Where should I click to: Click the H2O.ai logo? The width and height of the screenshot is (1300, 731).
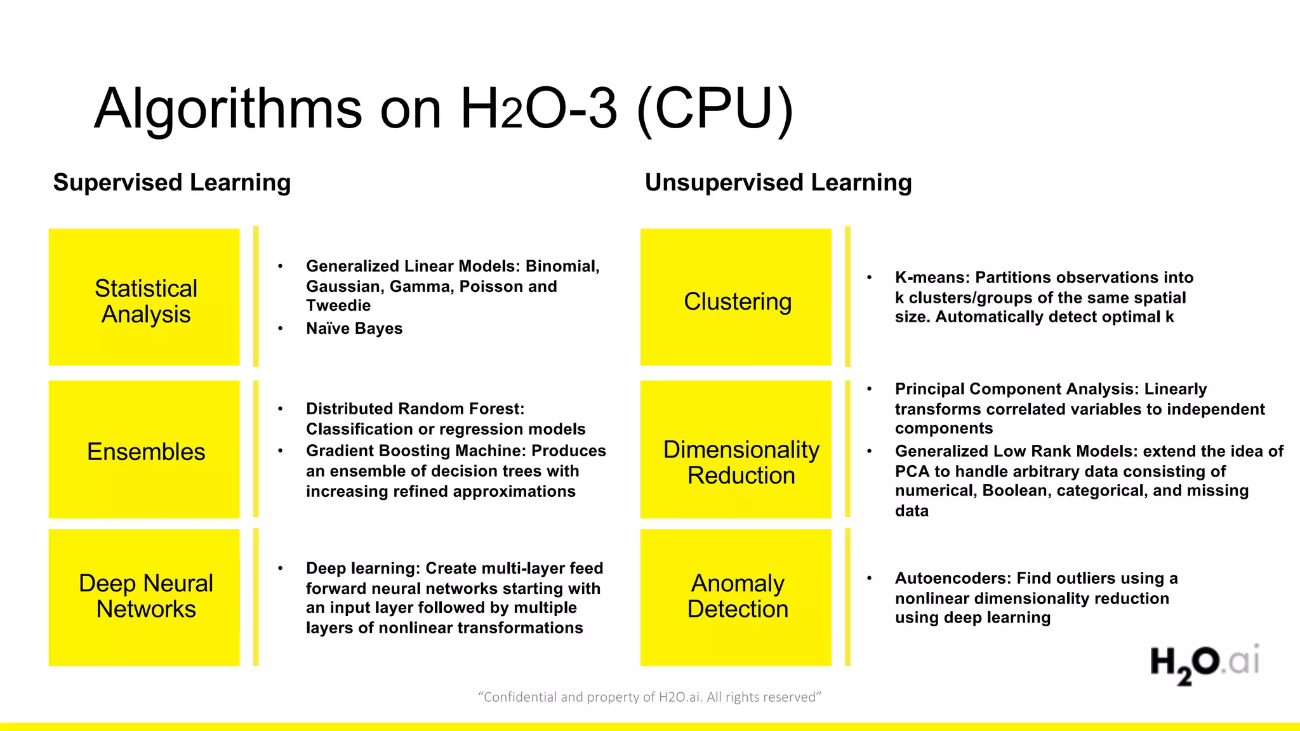(1204, 664)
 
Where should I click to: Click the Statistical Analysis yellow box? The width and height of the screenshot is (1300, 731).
(145, 298)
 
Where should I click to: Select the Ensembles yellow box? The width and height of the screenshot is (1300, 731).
(145, 450)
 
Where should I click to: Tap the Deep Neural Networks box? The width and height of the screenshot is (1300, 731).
(145, 597)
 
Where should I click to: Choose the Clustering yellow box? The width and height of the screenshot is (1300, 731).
(736, 298)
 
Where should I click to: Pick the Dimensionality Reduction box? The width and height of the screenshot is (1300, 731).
(736, 450)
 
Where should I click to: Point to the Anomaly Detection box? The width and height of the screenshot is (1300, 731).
(736, 597)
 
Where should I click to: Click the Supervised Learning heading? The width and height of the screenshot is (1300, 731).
(172, 183)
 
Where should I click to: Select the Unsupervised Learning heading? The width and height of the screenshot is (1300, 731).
(778, 183)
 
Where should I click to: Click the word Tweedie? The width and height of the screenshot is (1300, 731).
(338, 306)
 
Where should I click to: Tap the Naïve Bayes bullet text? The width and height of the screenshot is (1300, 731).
(354, 329)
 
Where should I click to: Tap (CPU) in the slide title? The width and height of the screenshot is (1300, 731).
(715, 109)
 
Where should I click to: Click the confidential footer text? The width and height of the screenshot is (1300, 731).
(649, 697)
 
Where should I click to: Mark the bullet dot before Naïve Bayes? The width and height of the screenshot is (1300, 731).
(280, 329)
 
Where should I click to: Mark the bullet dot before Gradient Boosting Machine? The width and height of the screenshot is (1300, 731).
(280, 451)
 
